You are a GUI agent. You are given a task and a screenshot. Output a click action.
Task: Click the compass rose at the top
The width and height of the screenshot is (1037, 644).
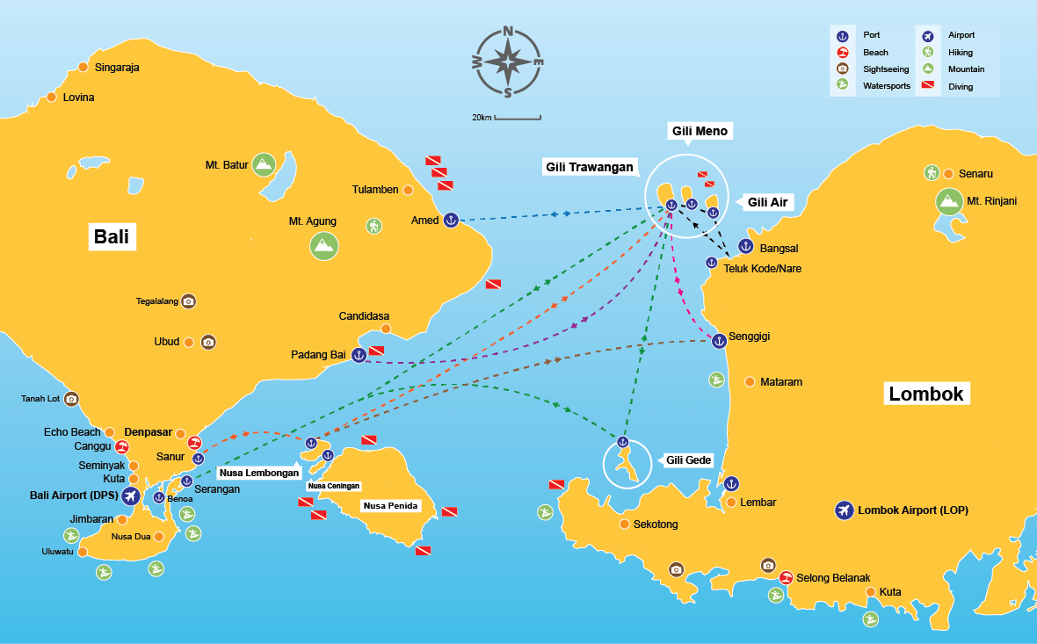click(508, 62)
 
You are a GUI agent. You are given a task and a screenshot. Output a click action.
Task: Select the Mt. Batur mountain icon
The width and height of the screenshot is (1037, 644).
click(263, 164)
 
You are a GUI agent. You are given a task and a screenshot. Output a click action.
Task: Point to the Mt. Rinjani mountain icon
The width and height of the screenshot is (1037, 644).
click(948, 201)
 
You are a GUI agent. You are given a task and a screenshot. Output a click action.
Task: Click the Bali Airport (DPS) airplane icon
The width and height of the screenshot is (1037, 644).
click(132, 497)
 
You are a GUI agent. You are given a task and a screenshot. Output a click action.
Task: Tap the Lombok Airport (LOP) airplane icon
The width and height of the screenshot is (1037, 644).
click(844, 510)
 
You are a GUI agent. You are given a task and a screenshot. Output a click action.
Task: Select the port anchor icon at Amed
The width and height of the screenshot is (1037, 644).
click(450, 221)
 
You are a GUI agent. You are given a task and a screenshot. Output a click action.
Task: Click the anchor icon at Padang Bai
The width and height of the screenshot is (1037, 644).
click(359, 355)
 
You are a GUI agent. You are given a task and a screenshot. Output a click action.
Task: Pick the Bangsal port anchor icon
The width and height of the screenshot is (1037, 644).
click(745, 247)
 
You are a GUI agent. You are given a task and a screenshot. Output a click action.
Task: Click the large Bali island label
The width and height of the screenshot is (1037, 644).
click(114, 237)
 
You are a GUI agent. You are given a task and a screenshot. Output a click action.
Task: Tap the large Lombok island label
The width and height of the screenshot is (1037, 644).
click(926, 394)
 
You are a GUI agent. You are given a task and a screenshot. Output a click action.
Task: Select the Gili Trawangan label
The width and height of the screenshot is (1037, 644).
click(588, 168)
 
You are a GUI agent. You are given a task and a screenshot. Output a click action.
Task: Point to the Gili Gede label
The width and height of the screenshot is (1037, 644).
click(687, 460)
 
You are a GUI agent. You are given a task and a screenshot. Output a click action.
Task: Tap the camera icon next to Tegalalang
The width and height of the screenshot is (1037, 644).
click(188, 301)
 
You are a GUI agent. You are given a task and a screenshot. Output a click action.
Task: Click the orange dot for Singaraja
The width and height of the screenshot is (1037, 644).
click(83, 67)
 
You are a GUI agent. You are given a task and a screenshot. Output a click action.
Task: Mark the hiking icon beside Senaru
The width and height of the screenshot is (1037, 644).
click(932, 173)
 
